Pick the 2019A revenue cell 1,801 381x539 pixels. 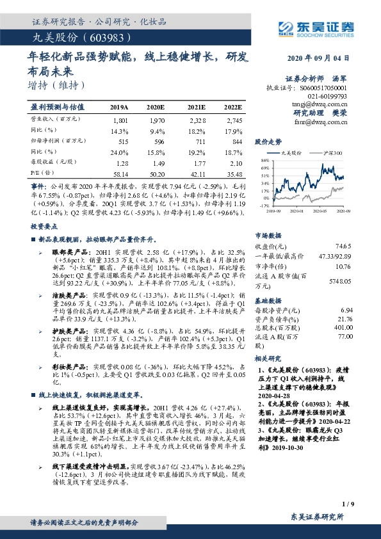coord(120,120)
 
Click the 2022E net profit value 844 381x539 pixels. coord(237,140)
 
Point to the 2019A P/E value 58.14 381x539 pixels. coord(120,173)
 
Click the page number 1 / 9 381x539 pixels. coord(348,504)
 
